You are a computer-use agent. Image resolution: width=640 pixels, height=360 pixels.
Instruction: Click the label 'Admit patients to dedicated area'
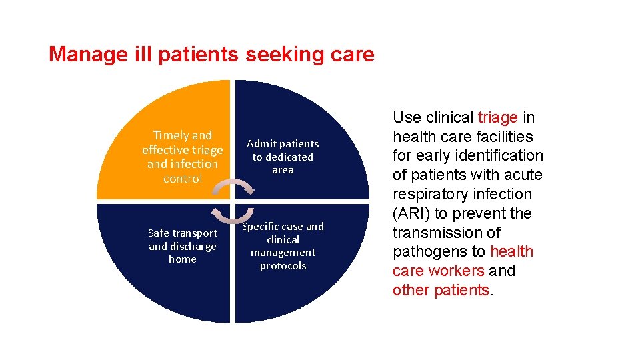(x=283, y=157)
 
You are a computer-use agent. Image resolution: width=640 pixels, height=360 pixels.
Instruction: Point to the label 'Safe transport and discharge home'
(x=183, y=246)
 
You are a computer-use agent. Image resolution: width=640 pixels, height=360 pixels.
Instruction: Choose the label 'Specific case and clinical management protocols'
(x=283, y=246)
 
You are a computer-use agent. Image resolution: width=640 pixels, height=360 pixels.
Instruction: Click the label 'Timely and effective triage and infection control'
(x=183, y=157)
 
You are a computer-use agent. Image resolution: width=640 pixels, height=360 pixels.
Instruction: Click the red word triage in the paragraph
(x=498, y=118)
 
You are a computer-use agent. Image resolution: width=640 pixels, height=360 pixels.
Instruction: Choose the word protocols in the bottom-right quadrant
(x=283, y=266)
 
